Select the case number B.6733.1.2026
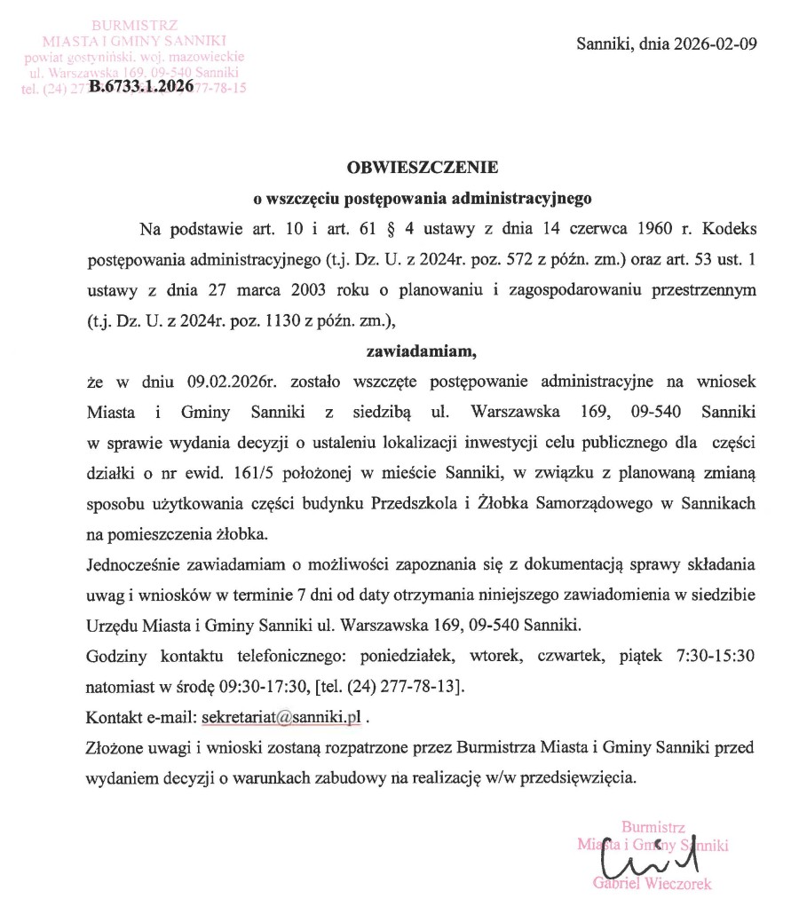coord(141,88)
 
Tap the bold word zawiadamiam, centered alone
coord(423,351)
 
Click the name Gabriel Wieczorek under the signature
coord(653,883)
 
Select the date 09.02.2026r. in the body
coord(233,382)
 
